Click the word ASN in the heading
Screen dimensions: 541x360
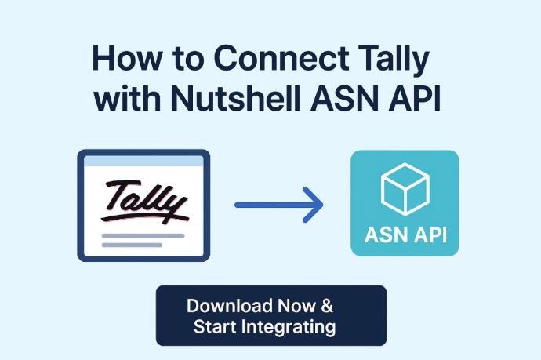[x=347, y=98]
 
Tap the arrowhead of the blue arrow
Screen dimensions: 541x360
[x=313, y=205]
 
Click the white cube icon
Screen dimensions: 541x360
[x=405, y=189]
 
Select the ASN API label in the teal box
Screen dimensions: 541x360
[x=405, y=235]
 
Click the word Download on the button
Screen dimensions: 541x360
[x=230, y=306]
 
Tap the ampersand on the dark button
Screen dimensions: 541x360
[x=327, y=306]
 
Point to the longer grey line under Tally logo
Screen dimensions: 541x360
[x=143, y=236]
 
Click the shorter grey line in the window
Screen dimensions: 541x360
[x=132, y=245]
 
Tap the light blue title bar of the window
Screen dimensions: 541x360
[x=143, y=162]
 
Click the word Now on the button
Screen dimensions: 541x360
[x=296, y=306]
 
